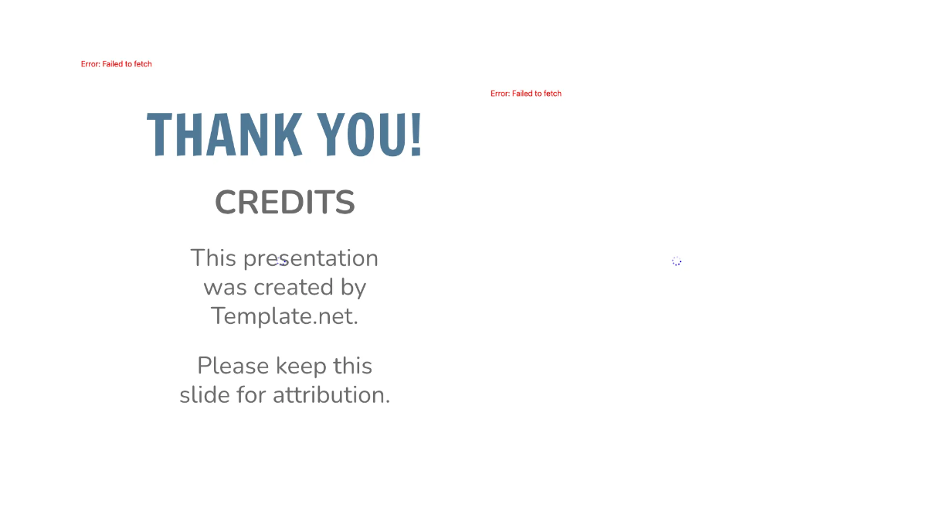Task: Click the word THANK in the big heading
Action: tap(224, 135)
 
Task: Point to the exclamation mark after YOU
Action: tap(416, 135)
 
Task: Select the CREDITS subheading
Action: tap(284, 203)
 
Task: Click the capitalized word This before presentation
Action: tap(212, 258)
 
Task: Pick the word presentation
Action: tap(310, 258)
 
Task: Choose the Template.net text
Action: tap(284, 316)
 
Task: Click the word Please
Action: tap(233, 366)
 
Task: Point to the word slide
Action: tap(205, 395)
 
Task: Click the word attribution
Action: tap(331, 395)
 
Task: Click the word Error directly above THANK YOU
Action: tap(90, 64)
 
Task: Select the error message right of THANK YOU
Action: tap(525, 94)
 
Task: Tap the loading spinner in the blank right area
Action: tap(677, 261)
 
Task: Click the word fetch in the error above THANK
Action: tap(143, 64)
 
